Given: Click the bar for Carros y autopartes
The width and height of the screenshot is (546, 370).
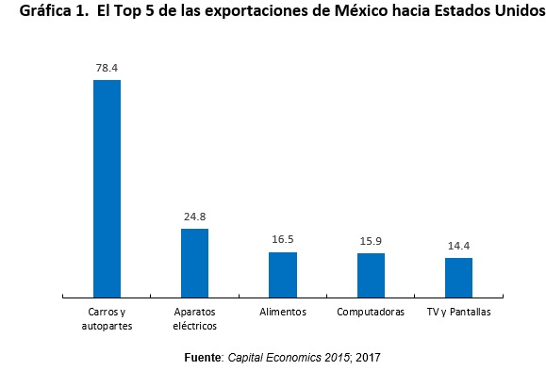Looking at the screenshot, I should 107,188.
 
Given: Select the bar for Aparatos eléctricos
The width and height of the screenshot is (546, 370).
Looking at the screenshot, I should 194,263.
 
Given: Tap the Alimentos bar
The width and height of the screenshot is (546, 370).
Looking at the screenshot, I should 283,274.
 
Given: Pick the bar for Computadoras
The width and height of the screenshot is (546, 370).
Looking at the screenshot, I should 371,275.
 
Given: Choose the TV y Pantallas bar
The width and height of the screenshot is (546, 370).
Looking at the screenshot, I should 458,277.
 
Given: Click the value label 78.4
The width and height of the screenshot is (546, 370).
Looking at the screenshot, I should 107,68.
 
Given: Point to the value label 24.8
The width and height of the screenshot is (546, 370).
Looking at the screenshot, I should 194,216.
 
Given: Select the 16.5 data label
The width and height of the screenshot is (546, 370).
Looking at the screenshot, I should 283,240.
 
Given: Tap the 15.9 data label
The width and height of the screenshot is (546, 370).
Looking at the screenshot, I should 371,241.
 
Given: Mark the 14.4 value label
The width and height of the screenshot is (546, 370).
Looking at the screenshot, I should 458,246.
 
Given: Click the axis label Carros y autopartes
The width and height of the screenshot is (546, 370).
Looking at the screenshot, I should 107,318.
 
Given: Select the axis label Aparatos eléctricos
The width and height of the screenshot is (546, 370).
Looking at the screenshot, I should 194,318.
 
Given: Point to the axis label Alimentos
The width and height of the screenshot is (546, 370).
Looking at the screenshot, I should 283,312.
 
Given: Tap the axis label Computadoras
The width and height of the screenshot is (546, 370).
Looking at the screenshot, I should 371,312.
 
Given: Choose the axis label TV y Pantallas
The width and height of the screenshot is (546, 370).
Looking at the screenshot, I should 458,312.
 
